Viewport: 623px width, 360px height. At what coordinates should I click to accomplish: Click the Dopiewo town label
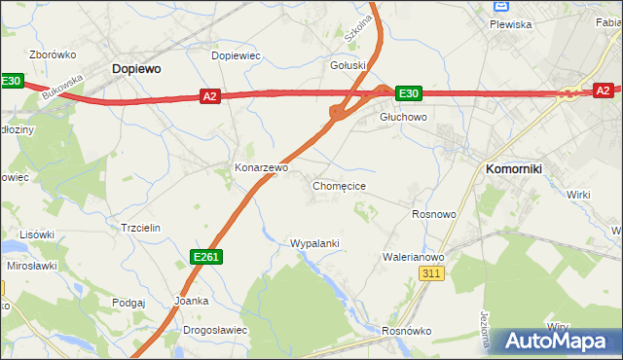point(136,69)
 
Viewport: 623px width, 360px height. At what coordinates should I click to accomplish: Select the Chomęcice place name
point(339,185)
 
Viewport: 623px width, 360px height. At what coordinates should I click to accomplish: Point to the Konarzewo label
point(262,167)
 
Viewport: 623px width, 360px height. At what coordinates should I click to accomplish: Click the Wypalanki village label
point(314,243)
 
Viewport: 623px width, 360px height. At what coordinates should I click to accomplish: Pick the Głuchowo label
point(403,116)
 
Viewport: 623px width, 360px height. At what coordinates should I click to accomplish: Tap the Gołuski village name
point(348,66)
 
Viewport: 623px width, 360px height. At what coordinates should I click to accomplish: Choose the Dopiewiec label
point(237,56)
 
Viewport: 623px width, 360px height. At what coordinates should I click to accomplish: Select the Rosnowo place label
point(434,214)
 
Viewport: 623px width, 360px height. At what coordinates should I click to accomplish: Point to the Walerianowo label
point(414,257)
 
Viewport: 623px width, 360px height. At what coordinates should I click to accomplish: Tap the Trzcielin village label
point(139,227)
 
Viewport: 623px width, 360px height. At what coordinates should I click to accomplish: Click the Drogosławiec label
point(214,330)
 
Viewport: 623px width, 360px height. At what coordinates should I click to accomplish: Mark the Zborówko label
point(54,54)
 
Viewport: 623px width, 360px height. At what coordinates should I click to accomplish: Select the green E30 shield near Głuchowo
point(409,93)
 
